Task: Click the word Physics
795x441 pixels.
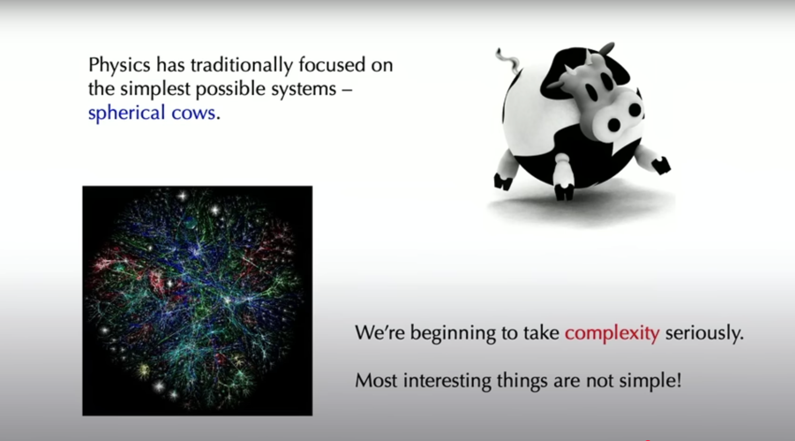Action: tap(120, 65)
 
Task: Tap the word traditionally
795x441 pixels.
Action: tap(242, 65)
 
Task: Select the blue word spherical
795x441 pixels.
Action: tap(126, 113)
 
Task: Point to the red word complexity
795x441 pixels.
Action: tap(612, 333)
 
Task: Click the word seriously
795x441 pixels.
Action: tap(704, 333)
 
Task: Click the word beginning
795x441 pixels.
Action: tap(453, 333)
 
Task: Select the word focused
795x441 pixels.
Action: tap(332, 65)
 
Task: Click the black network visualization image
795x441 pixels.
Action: tap(197, 301)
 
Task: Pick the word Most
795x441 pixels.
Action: tap(376, 380)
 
